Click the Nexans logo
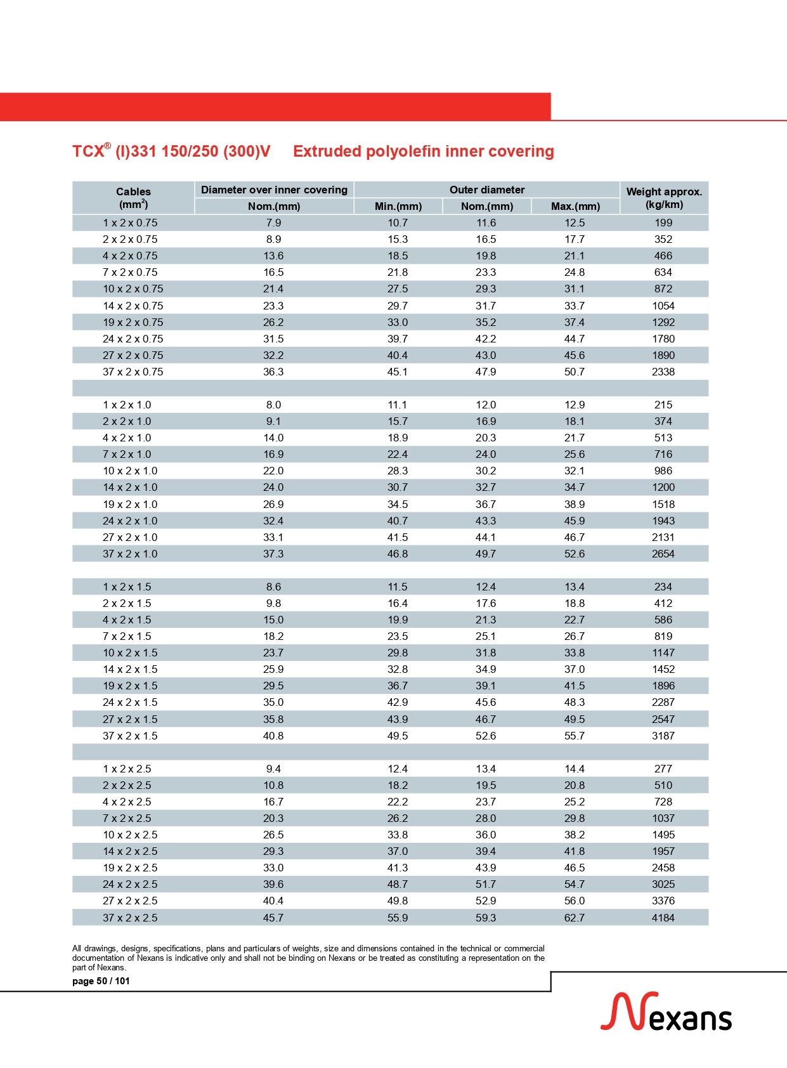point(666,1012)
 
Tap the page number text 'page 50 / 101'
point(101,981)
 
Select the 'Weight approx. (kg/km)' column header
point(664,198)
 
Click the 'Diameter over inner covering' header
point(274,190)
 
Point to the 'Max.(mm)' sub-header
point(575,206)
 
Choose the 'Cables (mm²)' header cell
point(133,198)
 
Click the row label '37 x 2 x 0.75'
point(133,372)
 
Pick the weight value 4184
point(663,918)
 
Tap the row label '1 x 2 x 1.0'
point(127,405)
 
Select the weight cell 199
point(663,223)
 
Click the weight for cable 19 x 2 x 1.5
point(663,686)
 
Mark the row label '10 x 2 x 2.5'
point(130,835)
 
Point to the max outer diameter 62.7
point(575,918)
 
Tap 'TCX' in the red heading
point(88,152)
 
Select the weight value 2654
point(663,554)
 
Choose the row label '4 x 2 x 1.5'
point(127,620)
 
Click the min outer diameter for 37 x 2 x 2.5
point(398,918)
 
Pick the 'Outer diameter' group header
point(487,190)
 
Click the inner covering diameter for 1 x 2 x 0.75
point(273,223)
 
